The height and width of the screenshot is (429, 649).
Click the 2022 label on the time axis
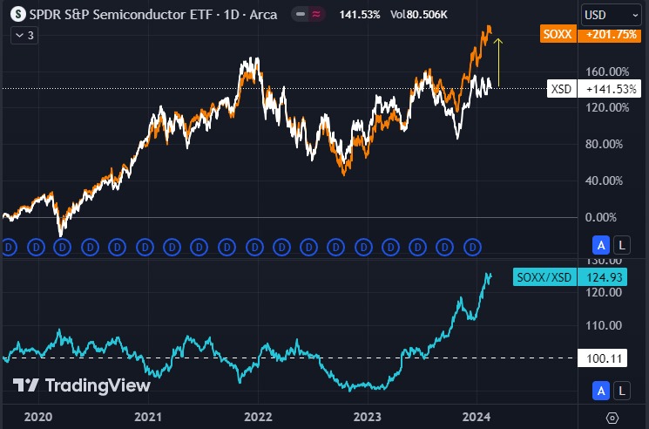click(258, 417)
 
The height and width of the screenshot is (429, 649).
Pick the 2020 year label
click(38, 417)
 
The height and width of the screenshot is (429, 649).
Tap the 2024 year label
click(477, 417)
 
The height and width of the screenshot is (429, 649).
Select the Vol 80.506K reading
click(420, 15)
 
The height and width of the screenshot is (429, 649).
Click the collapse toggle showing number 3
click(24, 35)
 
